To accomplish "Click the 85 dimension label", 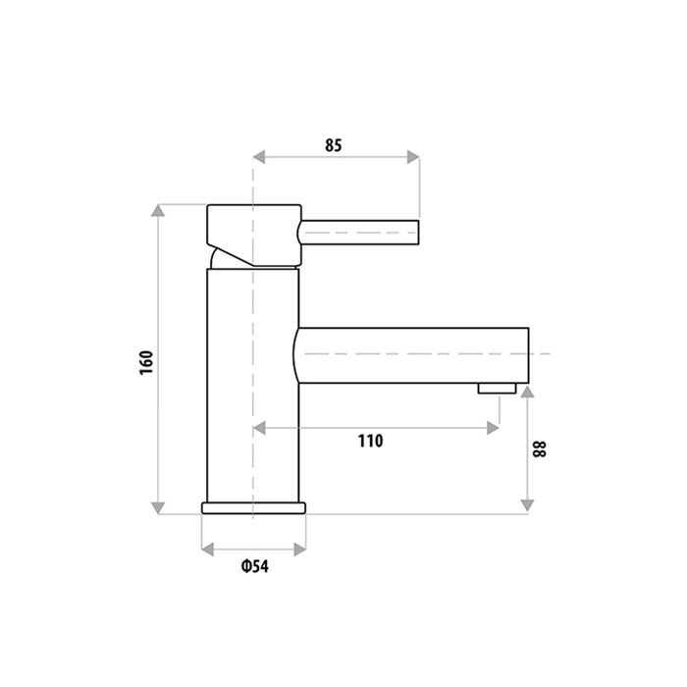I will [333, 146].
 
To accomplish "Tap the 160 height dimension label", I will [146, 361].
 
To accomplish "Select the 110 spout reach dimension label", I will [370, 441].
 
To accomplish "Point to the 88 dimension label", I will [539, 449].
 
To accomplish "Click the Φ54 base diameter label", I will [253, 566].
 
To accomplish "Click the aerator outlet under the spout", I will [498, 389].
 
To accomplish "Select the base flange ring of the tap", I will [253, 507].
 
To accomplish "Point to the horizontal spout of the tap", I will [412, 354].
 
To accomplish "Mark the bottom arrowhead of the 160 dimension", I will [158, 506].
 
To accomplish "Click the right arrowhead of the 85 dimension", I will [413, 156].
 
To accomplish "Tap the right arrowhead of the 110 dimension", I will [492, 427].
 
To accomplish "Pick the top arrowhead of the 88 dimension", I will [528, 393].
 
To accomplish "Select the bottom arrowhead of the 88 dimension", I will [528, 505].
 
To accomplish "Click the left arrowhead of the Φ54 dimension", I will [207, 549].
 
